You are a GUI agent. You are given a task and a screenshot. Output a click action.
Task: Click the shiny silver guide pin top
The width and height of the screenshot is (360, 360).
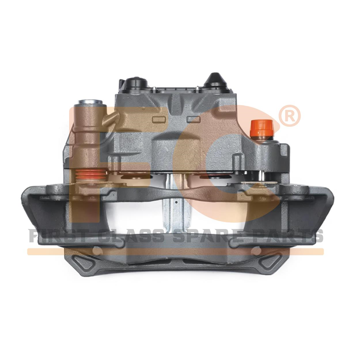tap(90, 102)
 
